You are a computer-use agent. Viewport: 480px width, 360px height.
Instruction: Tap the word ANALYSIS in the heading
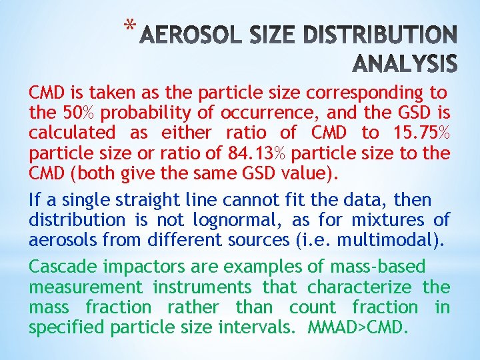coord(403,63)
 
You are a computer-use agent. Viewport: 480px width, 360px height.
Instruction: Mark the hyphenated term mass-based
coord(377,267)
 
